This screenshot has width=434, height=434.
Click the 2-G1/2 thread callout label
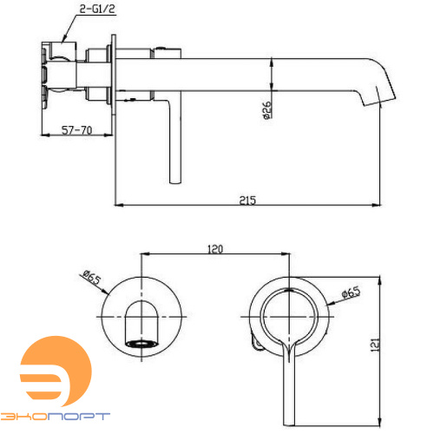click(x=97, y=9)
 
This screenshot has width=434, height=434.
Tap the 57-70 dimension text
click(x=77, y=130)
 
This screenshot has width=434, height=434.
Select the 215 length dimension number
click(x=247, y=201)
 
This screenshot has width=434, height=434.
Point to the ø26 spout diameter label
click(x=266, y=110)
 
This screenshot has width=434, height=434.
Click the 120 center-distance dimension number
click(x=215, y=249)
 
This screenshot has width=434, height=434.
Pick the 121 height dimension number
click(x=375, y=345)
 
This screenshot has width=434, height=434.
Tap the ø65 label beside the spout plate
click(x=92, y=277)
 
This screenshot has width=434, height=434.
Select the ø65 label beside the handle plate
click(x=351, y=293)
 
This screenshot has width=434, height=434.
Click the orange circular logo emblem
click(x=56, y=372)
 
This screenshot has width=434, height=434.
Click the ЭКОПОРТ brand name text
click(x=55, y=417)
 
